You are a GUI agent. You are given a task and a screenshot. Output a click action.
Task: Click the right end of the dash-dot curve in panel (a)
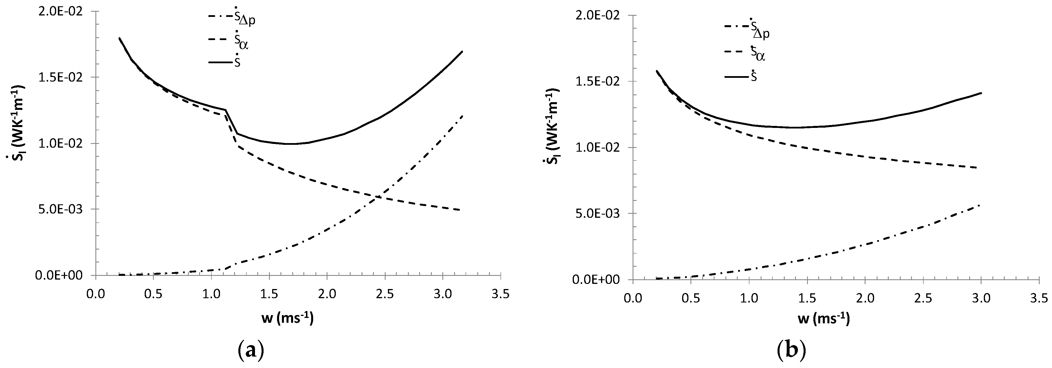462,116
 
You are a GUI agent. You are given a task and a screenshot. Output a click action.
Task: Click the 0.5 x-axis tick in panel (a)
153,294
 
